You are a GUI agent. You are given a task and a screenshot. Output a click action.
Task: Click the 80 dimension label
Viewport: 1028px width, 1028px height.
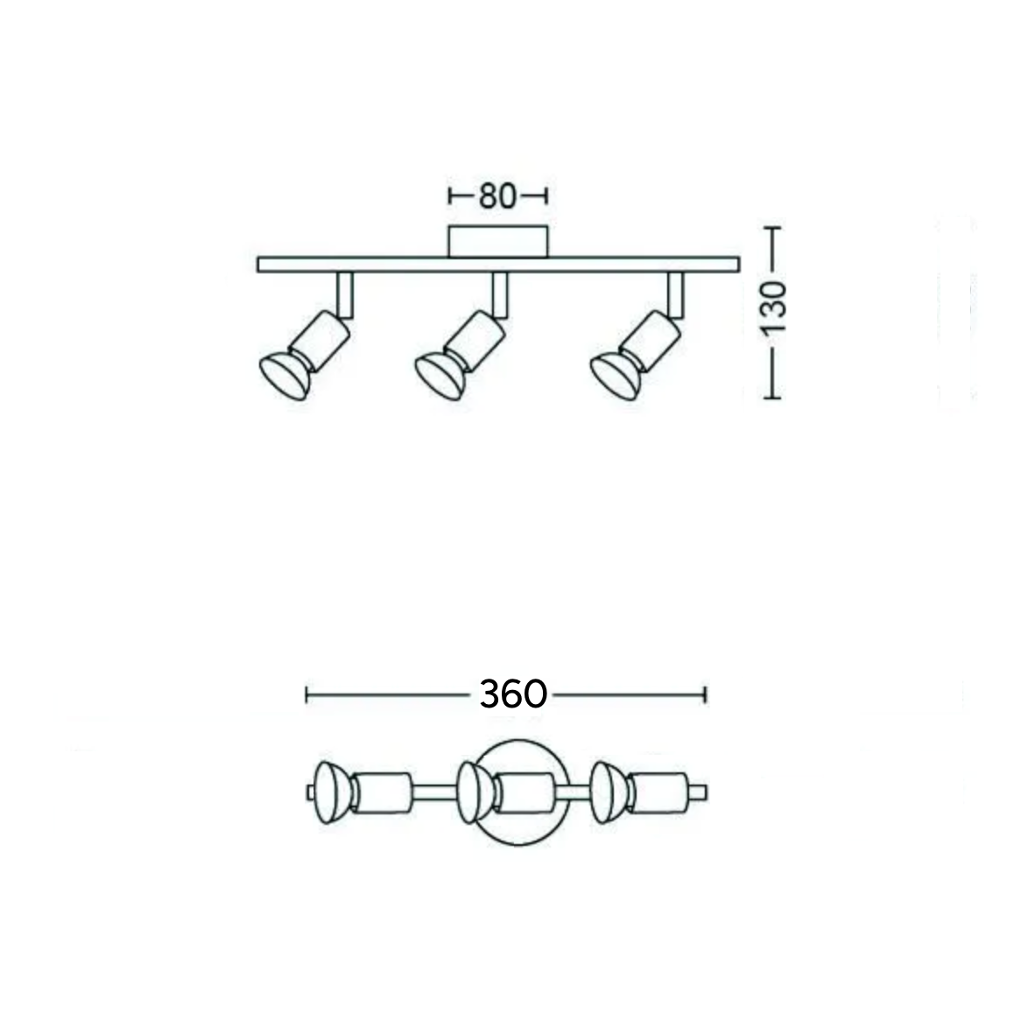click(x=497, y=196)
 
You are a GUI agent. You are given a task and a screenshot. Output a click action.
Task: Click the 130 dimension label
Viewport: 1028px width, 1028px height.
click(x=774, y=307)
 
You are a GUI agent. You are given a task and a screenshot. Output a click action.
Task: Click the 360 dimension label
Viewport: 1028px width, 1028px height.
click(x=513, y=694)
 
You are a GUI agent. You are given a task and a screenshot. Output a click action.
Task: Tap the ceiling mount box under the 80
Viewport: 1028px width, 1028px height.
click(x=498, y=242)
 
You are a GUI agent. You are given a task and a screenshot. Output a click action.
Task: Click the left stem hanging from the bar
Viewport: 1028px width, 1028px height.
click(x=345, y=294)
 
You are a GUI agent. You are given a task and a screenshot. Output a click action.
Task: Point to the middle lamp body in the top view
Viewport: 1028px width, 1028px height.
click(x=525, y=792)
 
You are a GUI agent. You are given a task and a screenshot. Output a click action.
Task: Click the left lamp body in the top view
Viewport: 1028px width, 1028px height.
click(x=382, y=793)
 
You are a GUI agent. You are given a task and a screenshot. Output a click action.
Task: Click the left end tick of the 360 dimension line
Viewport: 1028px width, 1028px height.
click(x=306, y=695)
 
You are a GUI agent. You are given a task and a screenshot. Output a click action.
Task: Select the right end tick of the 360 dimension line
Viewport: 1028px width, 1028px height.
click(x=705, y=695)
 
